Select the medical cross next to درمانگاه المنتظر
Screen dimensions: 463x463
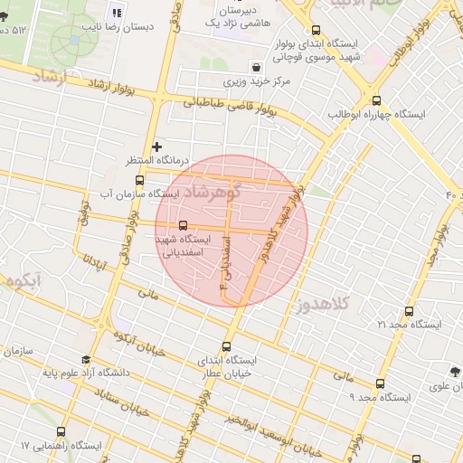coord(157,146)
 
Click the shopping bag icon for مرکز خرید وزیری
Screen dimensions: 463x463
coord(258,68)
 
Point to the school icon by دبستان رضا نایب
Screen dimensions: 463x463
coord(115,13)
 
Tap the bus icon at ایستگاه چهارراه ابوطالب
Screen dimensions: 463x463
coord(376,100)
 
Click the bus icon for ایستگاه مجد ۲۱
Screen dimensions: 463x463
coord(391,308)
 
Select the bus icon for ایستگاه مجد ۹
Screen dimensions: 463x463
coord(380,383)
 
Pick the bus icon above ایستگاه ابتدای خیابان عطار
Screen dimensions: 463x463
coord(226,345)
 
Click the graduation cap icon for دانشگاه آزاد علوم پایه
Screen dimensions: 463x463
coord(85,358)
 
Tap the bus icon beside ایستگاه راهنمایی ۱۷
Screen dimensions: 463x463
coord(61,431)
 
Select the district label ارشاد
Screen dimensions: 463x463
coord(49,78)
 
